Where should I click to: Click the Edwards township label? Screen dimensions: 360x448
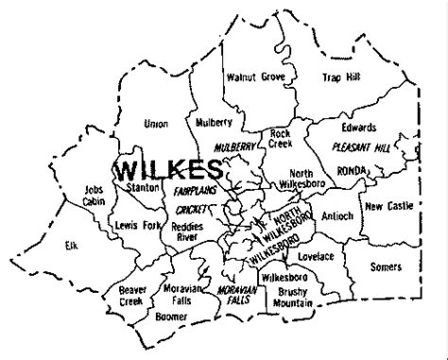click(360, 127)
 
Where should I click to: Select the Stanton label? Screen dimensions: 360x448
click(142, 188)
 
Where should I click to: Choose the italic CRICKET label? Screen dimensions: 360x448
click(190, 209)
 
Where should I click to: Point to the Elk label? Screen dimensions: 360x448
click(69, 244)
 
